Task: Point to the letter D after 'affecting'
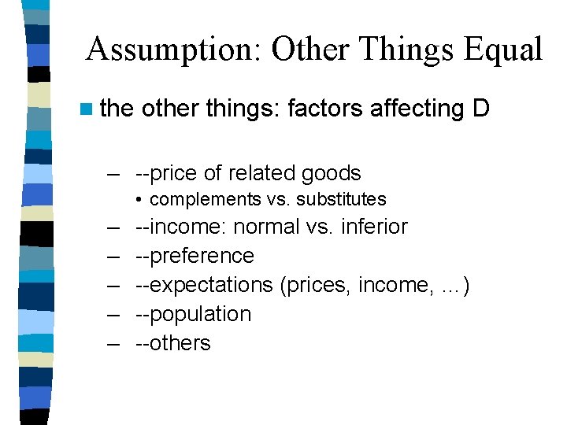[481, 109]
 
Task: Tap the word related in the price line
[265, 173]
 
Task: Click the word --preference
[195, 256]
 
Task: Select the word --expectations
[204, 285]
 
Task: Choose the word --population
[193, 314]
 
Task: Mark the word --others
[173, 343]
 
